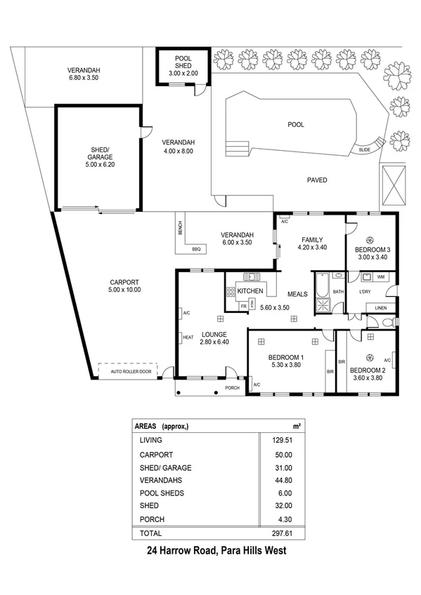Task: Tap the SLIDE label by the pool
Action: [x=364, y=149]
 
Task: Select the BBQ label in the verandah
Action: [x=195, y=250]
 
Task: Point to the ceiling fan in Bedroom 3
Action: [x=370, y=237]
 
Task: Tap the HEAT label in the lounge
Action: [x=188, y=337]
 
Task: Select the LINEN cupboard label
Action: [x=380, y=307]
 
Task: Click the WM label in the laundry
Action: [x=380, y=278]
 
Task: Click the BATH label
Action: [x=337, y=291]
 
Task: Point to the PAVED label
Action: [x=317, y=180]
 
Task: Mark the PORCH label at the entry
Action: [x=232, y=387]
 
